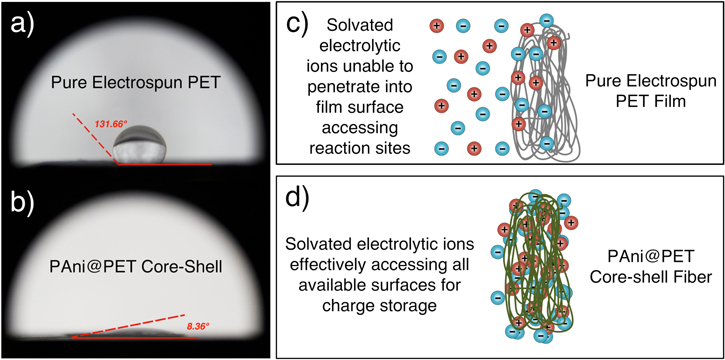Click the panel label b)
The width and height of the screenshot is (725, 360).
pyautogui.click(x=21, y=200)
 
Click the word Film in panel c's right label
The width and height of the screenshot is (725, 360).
pyautogui.click(x=653, y=100)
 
